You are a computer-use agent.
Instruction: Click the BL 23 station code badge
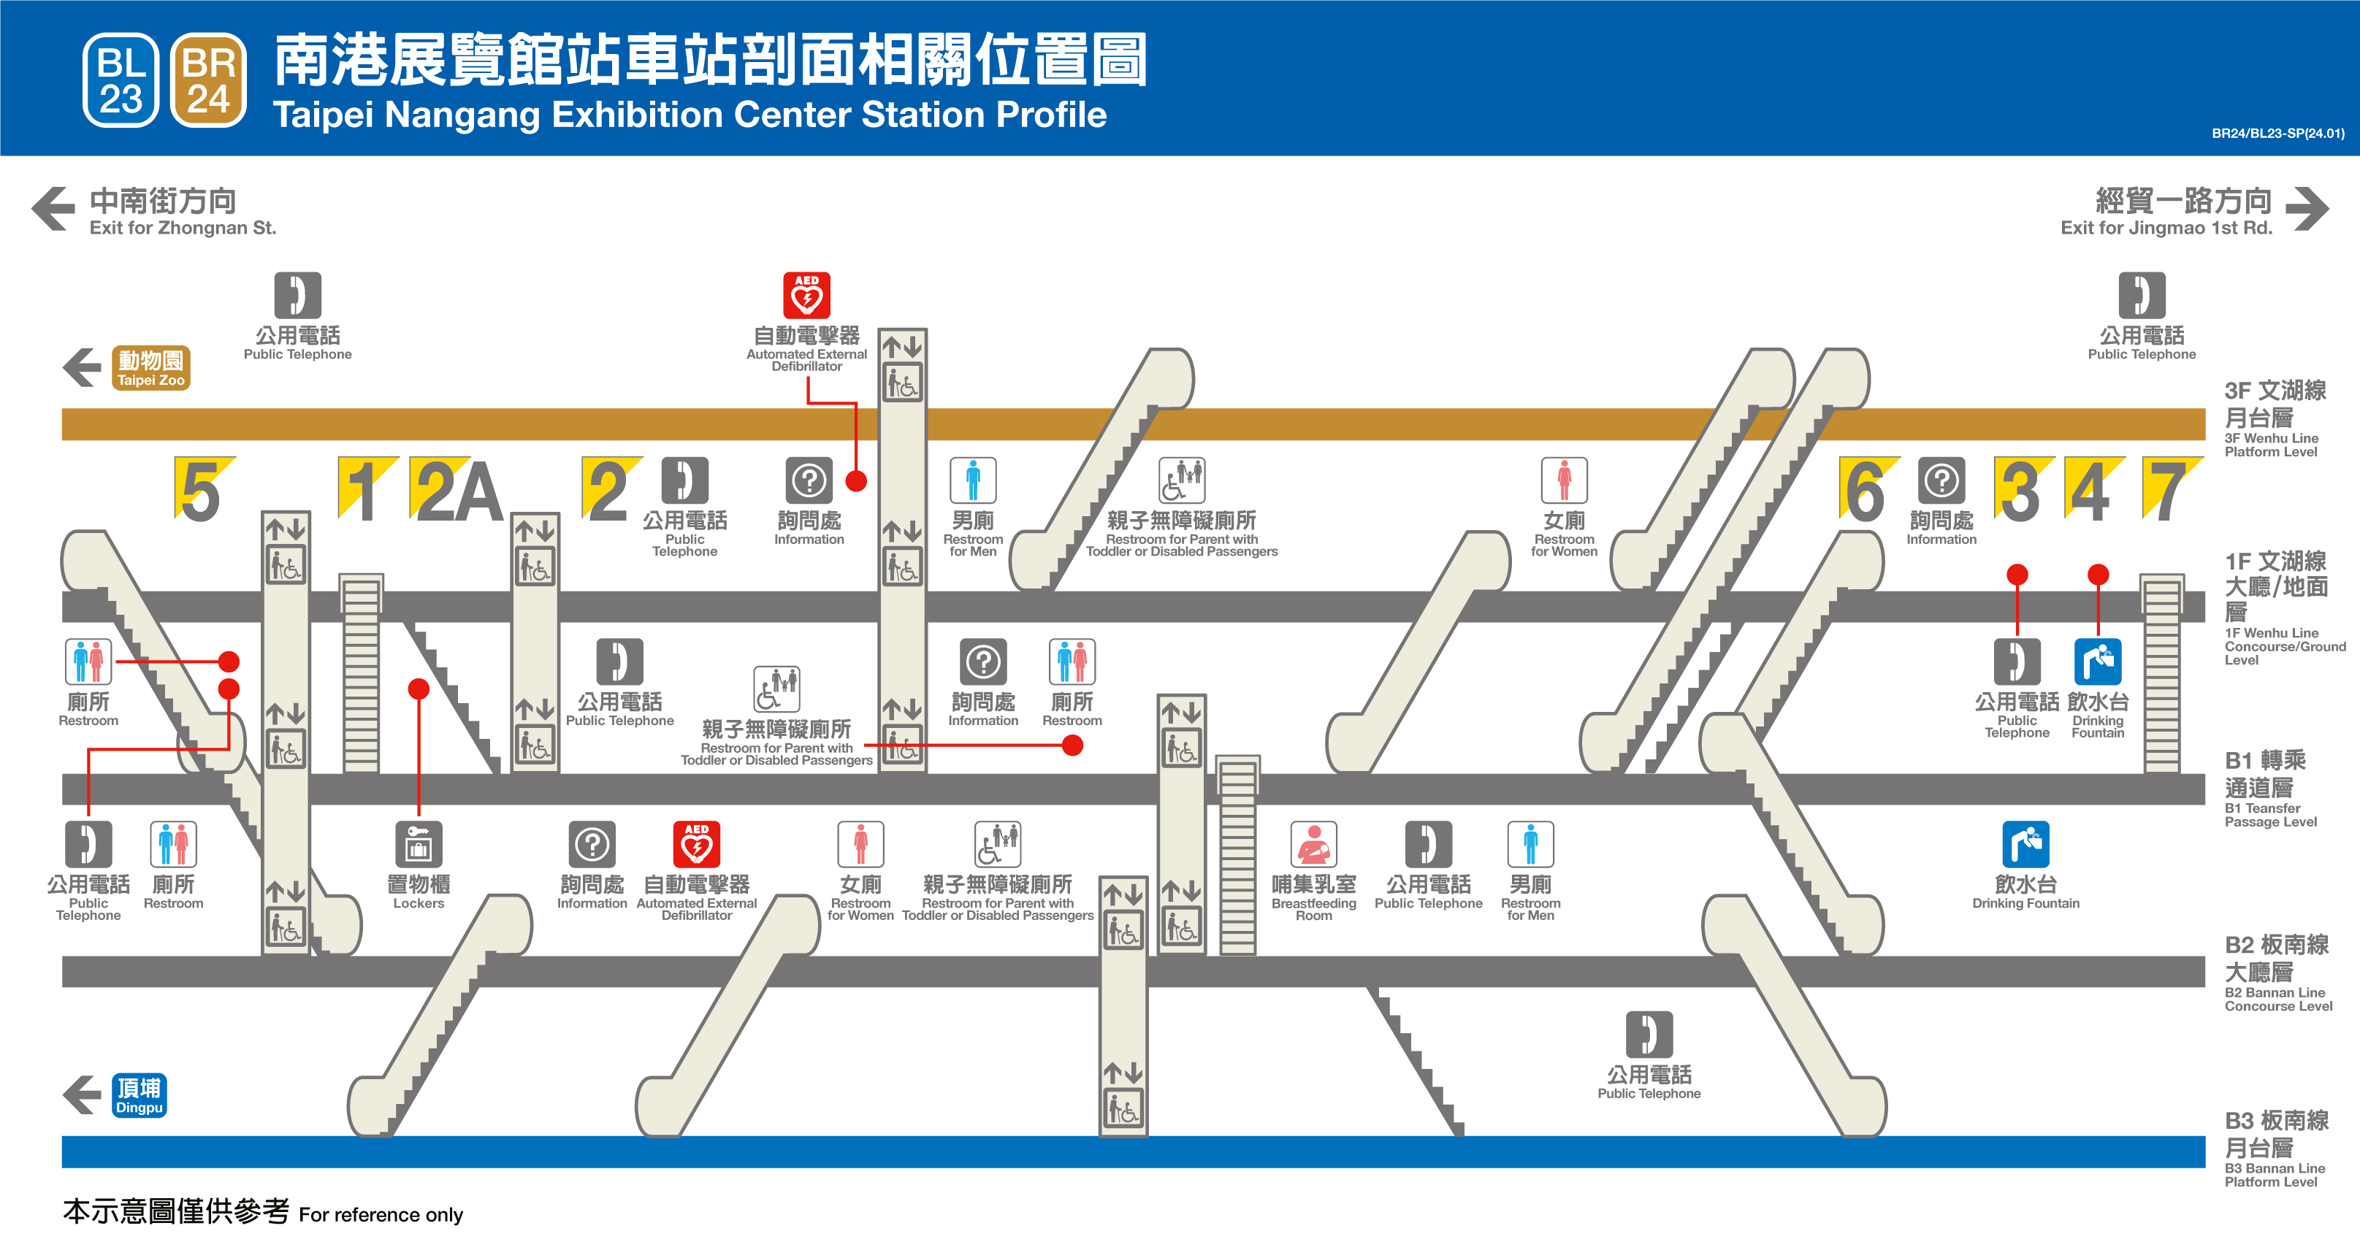point(121,80)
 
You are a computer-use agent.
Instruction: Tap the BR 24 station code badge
point(208,80)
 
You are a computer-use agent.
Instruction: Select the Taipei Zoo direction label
point(151,368)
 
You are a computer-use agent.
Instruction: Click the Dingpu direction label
point(140,1095)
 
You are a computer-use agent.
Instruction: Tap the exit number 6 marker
point(1866,490)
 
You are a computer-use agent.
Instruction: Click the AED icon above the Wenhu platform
point(806,295)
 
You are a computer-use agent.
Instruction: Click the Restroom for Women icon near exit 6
point(1564,480)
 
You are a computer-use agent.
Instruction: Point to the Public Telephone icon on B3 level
point(1649,1034)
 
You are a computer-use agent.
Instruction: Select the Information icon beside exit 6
point(1941,480)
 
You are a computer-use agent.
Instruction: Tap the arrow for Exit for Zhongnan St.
point(53,209)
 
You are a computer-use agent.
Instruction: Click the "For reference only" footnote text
point(381,1214)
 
